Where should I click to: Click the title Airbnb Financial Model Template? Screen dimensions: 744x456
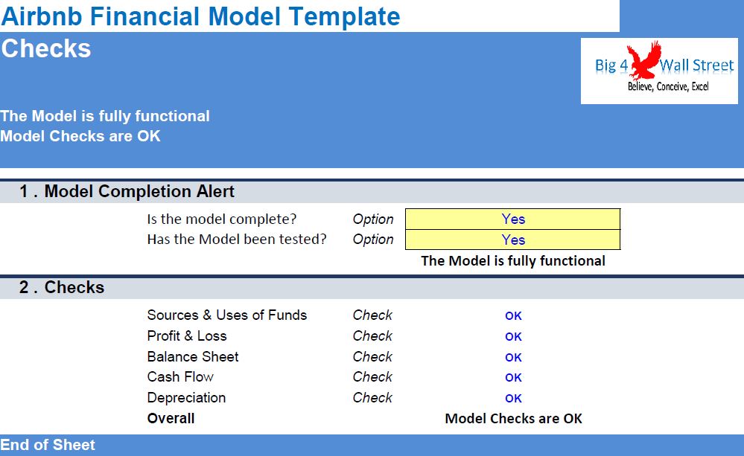tap(201, 16)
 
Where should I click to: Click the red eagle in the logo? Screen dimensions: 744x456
tap(644, 60)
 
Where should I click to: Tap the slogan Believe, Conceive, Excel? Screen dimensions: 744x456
tap(668, 86)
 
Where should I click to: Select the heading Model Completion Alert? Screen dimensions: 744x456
tap(139, 191)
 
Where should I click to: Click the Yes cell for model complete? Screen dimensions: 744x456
tap(513, 219)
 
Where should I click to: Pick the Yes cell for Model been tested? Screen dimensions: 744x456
tap(513, 240)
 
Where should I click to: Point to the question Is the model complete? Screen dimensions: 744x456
tap(222, 219)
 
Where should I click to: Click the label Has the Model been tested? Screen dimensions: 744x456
tap(237, 239)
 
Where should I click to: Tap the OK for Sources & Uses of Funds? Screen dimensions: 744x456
tap(513, 315)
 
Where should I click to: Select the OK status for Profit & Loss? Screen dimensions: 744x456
tap(513, 336)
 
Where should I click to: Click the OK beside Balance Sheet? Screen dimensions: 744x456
tap(513, 357)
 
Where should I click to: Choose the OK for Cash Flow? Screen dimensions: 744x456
tap(513, 378)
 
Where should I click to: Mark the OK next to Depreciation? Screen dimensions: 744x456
tap(513, 399)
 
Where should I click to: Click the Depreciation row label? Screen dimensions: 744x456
tap(186, 398)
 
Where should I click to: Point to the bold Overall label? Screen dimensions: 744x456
tap(171, 418)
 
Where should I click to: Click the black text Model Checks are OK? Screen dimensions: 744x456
tap(513, 419)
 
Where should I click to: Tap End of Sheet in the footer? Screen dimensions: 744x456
tap(48, 445)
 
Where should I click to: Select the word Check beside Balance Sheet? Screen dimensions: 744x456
tap(372, 356)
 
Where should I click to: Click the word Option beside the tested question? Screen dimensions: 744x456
tap(373, 240)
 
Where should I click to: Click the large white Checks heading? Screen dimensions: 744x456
tap(46, 48)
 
